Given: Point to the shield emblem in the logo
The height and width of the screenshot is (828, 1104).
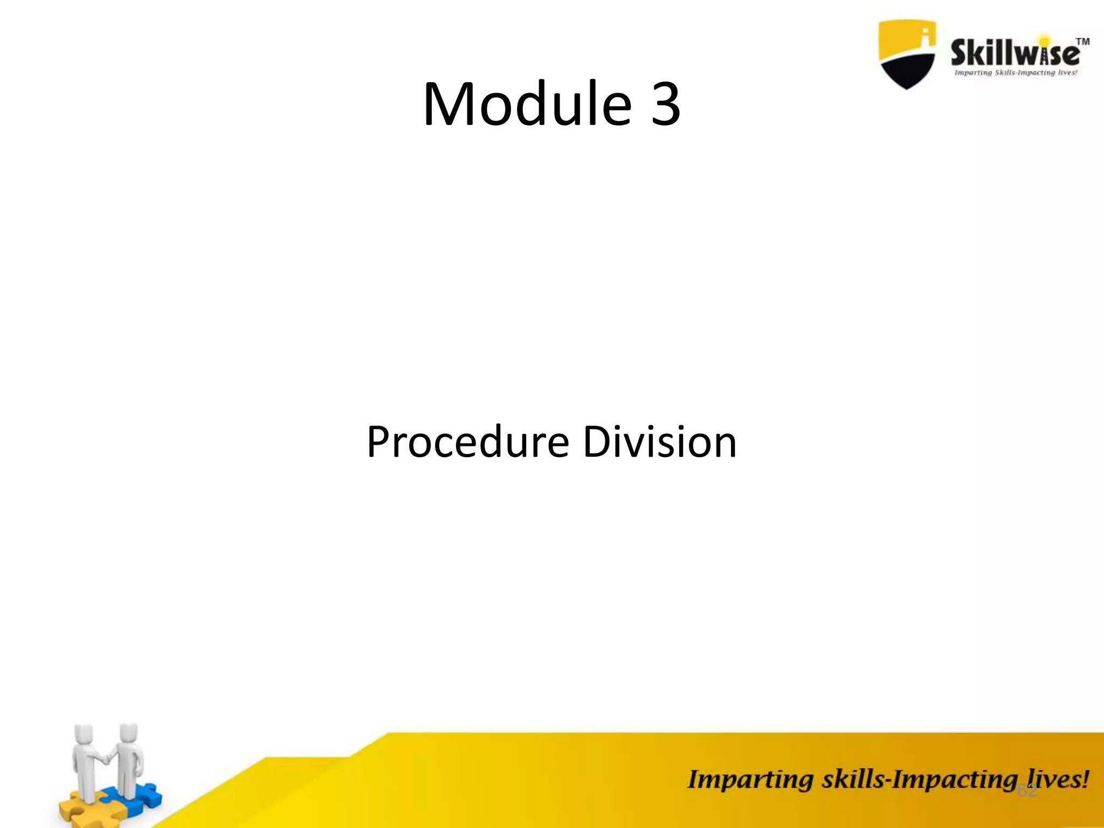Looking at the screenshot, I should tap(907, 54).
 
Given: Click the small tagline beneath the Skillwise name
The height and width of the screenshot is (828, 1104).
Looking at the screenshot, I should tap(1016, 73).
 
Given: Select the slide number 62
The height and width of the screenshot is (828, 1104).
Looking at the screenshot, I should tap(1026, 791).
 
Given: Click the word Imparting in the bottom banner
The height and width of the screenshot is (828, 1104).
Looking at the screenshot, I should tap(750, 780).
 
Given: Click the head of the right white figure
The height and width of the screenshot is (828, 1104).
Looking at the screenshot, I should tap(129, 733).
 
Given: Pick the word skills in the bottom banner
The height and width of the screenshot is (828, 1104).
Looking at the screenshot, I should tap(852, 780).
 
